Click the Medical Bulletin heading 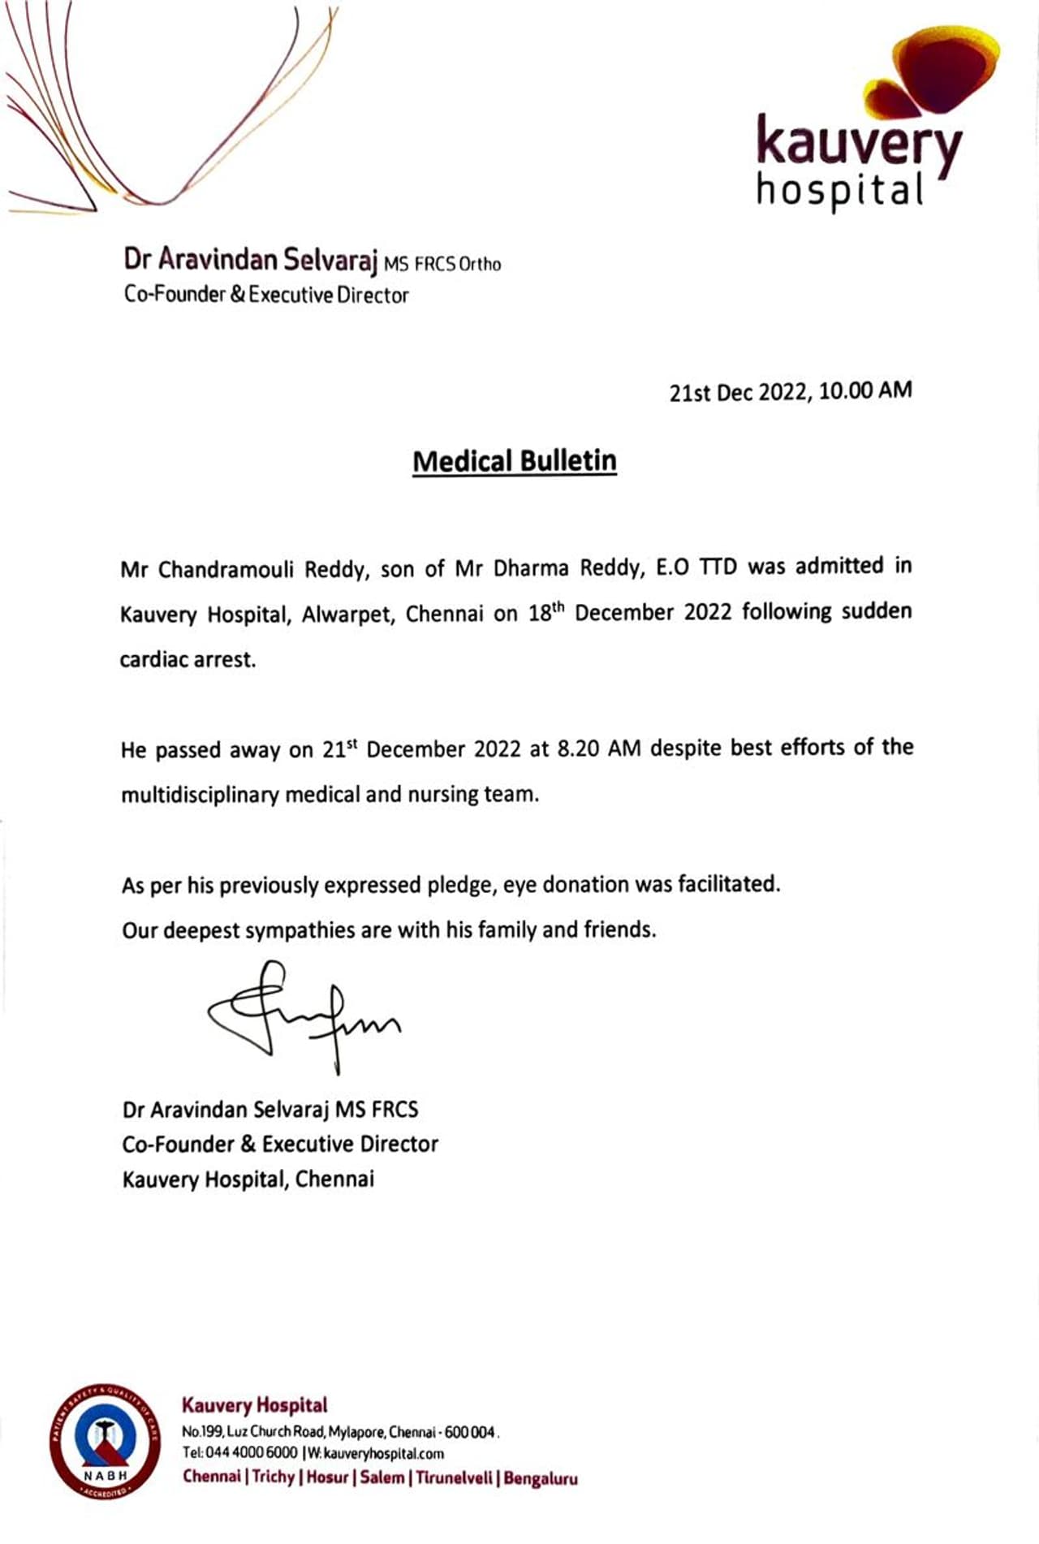[x=515, y=461]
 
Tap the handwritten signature [x=304, y=1015]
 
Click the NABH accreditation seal [x=106, y=1442]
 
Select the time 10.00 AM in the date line [x=865, y=390]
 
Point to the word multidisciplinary [x=200, y=794]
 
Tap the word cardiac [x=153, y=659]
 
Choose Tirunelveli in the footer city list [x=454, y=1477]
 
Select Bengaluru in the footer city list [x=541, y=1478]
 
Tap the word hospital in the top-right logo [x=840, y=192]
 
